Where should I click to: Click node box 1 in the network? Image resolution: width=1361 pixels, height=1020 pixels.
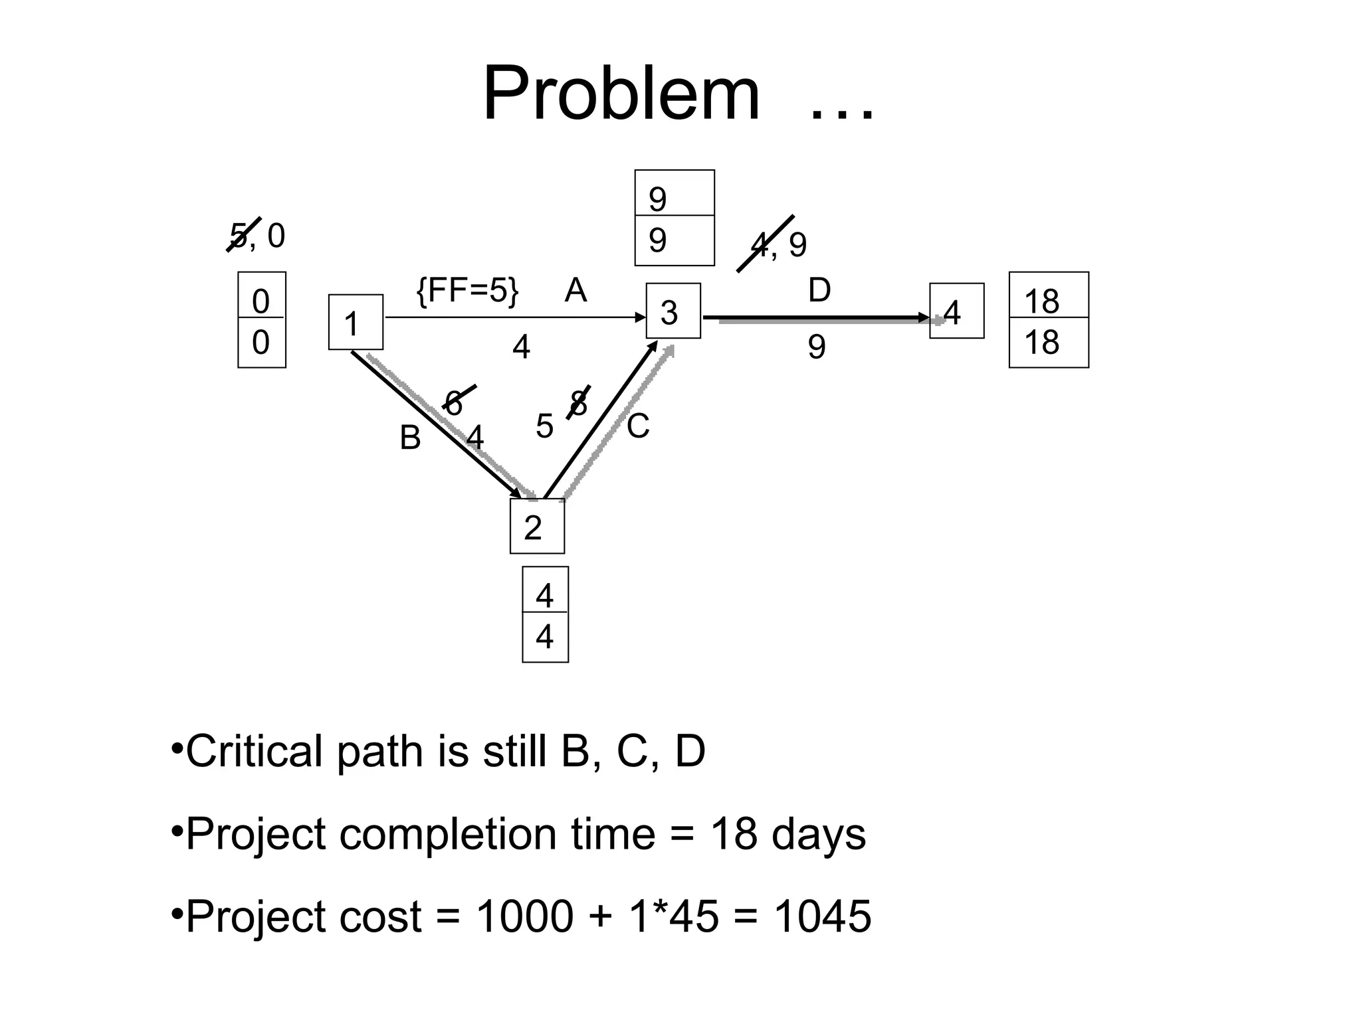tap(356, 322)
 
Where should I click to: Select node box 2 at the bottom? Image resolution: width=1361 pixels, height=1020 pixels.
tap(537, 526)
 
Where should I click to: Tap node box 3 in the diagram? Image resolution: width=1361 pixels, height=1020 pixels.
tap(673, 311)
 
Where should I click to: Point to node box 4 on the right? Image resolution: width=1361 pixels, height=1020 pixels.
tap(956, 311)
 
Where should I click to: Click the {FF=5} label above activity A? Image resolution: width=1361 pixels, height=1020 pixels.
tap(467, 290)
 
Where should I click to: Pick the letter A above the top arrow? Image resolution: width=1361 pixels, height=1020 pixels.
tap(576, 290)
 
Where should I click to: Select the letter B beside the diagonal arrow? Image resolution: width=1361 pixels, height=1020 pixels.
tap(410, 438)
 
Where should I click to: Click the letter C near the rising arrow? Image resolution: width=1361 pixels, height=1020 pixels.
tap(638, 426)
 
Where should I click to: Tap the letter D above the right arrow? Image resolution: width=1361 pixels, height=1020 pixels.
tap(819, 290)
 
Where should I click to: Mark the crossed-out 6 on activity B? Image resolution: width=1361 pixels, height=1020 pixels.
tap(454, 402)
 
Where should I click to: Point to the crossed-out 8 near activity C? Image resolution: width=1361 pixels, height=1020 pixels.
tap(579, 402)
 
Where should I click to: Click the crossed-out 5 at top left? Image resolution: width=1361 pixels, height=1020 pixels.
tap(238, 235)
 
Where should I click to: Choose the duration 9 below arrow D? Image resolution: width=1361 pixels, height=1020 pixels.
tap(817, 347)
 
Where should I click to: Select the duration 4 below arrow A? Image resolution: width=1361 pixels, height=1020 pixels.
tap(522, 347)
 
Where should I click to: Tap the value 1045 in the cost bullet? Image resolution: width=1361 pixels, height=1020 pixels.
tap(822, 916)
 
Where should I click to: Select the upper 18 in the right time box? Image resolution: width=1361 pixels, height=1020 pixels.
tap(1041, 301)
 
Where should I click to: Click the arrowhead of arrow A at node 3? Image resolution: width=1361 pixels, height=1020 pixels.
tap(641, 317)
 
